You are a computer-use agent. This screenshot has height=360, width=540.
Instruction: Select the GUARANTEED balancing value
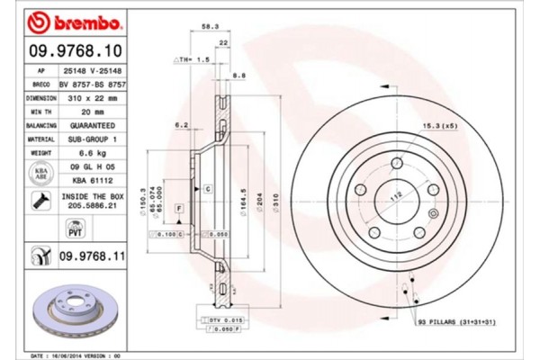90,126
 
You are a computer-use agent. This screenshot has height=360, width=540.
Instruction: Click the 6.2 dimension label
180,125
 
